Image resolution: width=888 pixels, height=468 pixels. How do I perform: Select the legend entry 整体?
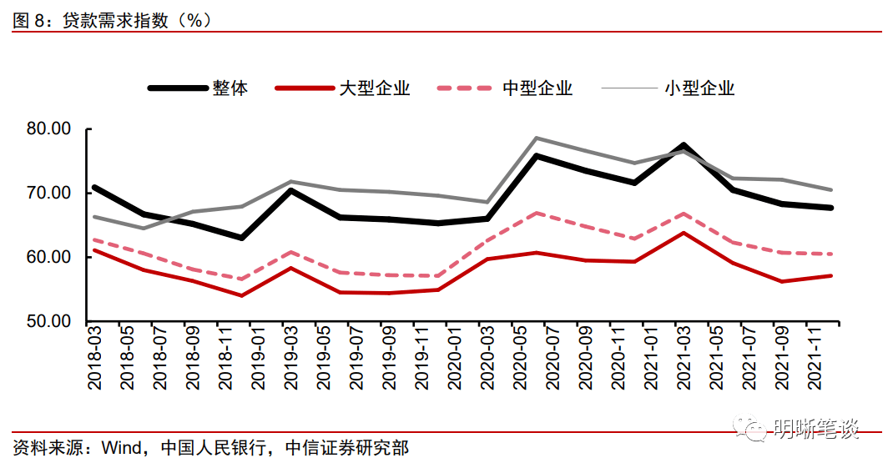(x=230, y=88)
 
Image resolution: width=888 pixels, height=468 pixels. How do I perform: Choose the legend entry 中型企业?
(x=537, y=88)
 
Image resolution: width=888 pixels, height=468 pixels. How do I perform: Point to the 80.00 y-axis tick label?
(x=49, y=129)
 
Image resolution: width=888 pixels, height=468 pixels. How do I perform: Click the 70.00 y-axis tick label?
(x=49, y=194)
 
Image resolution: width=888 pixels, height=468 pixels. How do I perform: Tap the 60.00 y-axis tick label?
(x=49, y=257)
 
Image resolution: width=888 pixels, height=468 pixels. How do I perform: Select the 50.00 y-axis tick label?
(x=49, y=321)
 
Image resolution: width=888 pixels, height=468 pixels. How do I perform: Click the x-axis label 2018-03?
(x=94, y=360)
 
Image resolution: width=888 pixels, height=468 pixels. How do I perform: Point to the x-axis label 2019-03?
(x=290, y=360)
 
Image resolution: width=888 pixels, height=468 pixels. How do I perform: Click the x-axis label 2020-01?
(x=452, y=360)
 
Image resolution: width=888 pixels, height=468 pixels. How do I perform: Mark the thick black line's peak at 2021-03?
(x=683, y=146)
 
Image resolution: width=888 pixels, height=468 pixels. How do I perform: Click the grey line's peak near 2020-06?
(x=537, y=138)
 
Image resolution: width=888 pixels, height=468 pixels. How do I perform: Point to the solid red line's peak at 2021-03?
(x=684, y=233)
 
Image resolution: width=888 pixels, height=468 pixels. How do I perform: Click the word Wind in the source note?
(x=120, y=448)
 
